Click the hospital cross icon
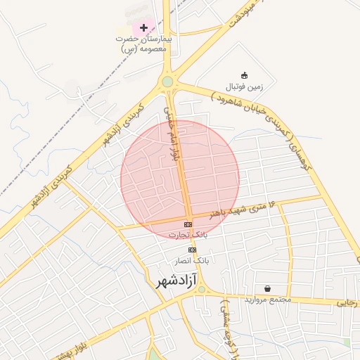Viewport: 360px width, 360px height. pyautogui.click(x=144, y=28)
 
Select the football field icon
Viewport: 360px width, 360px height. pyautogui.click(x=244, y=75)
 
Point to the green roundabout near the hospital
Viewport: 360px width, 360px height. pyautogui.click(x=167, y=82)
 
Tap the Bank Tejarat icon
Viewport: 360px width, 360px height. pyautogui.click(x=187, y=224)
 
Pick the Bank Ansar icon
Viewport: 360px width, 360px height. pyautogui.click(x=192, y=250)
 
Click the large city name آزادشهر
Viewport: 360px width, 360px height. pyautogui.click(x=172, y=281)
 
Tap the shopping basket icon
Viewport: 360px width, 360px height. pyautogui.click(x=268, y=288)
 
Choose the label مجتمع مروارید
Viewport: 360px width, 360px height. pyautogui.click(x=268, y=300)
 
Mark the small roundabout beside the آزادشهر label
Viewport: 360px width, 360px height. pyautogui.click(x=202, y=289)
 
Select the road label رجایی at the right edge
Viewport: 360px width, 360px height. pyautogui.click(x=347, y=303)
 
